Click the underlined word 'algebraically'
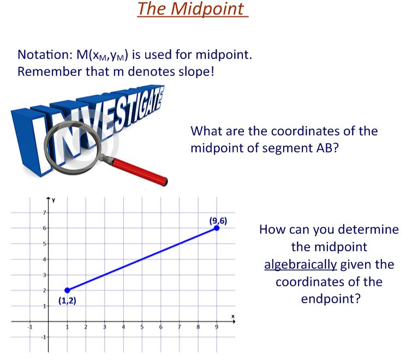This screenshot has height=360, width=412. coord(300,265)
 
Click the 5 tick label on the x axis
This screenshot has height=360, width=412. coord(142,327)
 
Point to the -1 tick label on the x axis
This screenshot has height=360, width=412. coord(31,327)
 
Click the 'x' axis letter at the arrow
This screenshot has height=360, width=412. coord(231,316)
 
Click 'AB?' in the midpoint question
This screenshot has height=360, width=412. coord(325,149)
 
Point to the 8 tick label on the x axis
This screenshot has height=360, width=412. coord(198,327)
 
